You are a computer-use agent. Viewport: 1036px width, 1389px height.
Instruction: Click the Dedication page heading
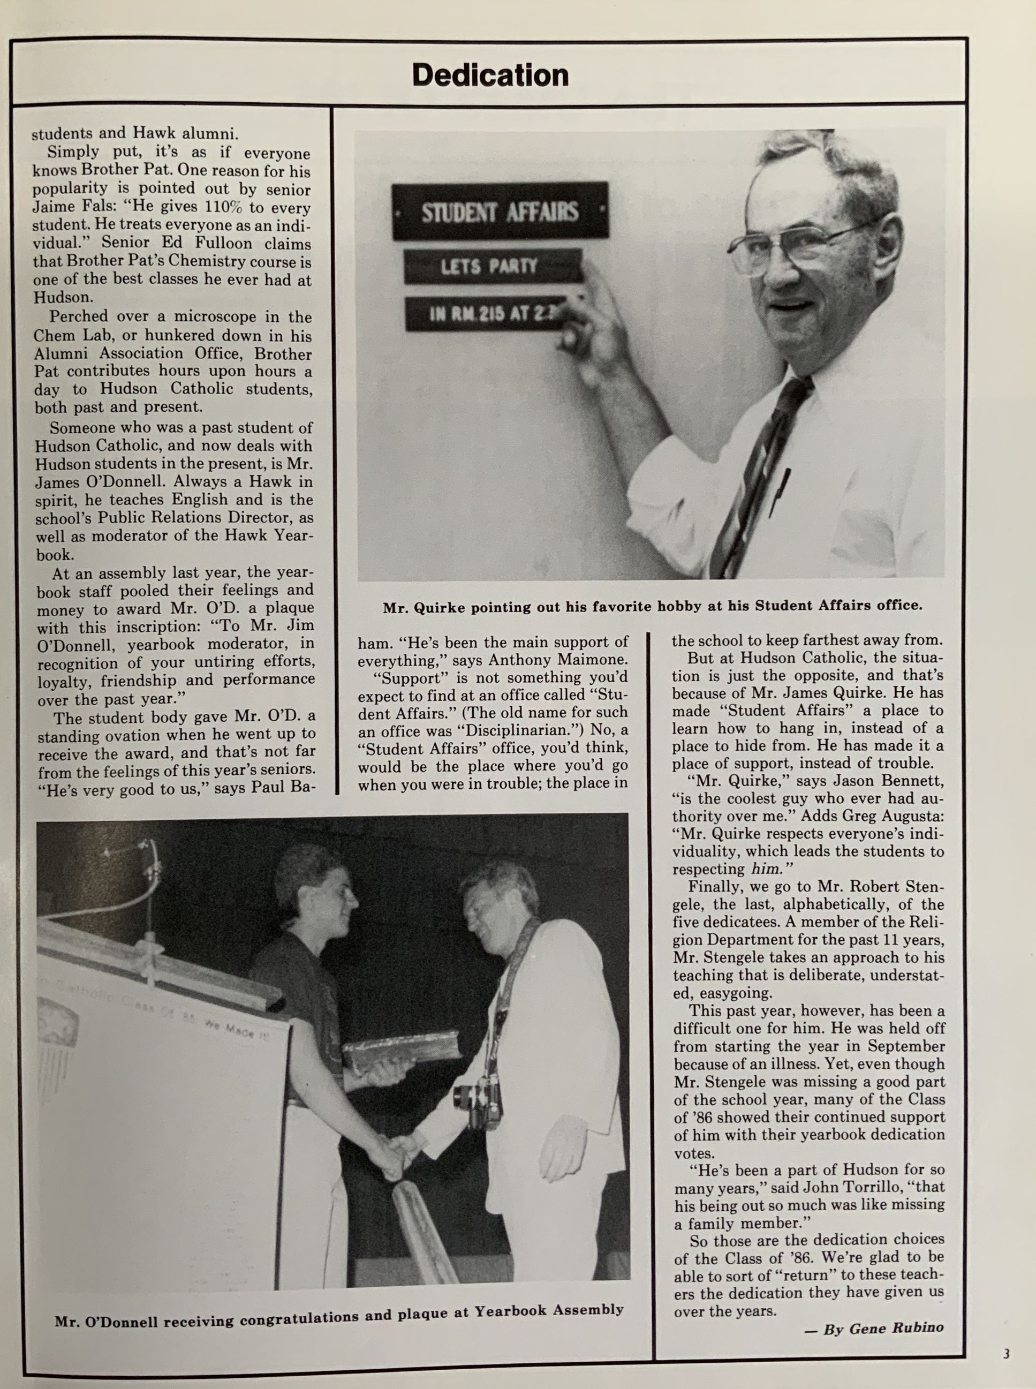[490, 76]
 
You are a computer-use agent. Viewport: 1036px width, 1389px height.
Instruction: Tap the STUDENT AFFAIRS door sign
[500, 212]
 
